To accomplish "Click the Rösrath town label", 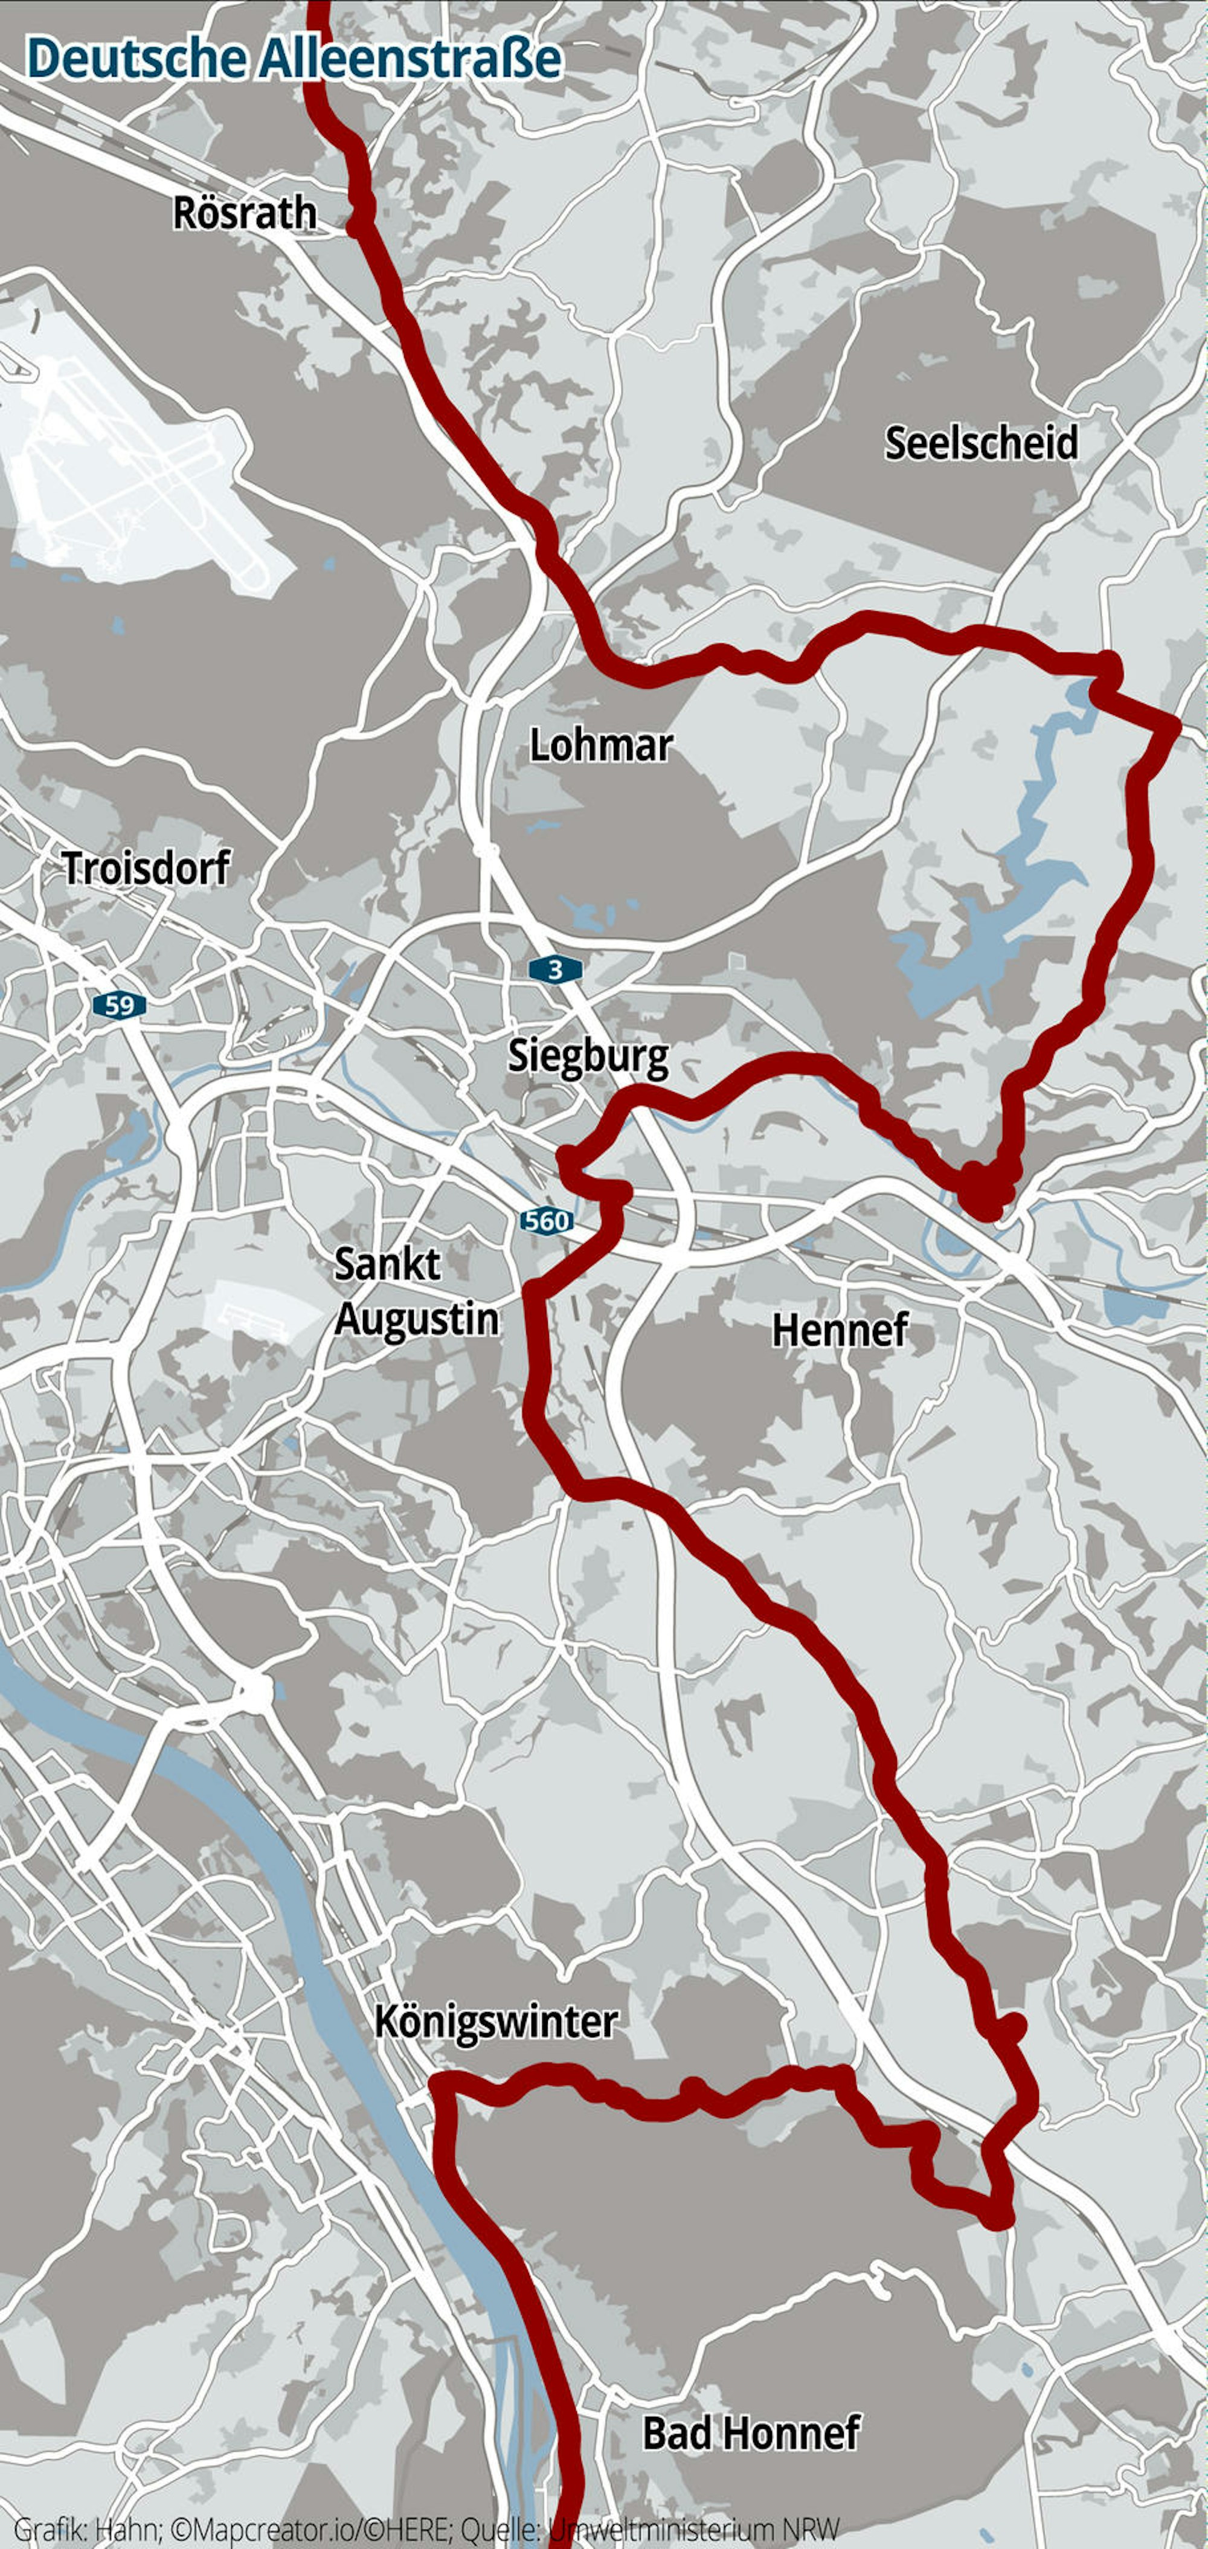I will coord(245,213).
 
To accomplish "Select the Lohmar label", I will coord(600,745).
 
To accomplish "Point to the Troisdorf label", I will coord(146,868).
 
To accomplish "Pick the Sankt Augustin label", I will coord(416,1291).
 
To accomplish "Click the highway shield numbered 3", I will coord(555,969).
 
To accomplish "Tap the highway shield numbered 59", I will coord(119,1005).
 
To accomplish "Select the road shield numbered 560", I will coord(546,1221).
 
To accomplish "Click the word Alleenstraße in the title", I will coord(411,59).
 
